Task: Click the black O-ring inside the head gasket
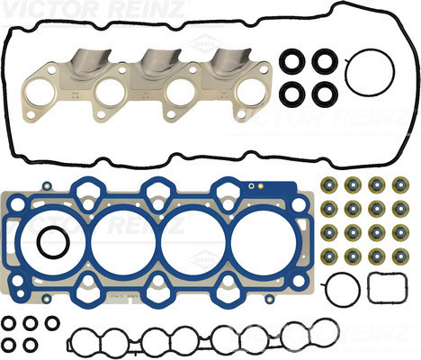pos(39,242)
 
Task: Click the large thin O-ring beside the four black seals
pos(345,73)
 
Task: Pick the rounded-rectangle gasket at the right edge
pos(369,287)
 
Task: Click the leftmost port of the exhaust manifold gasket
pos(28,92)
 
